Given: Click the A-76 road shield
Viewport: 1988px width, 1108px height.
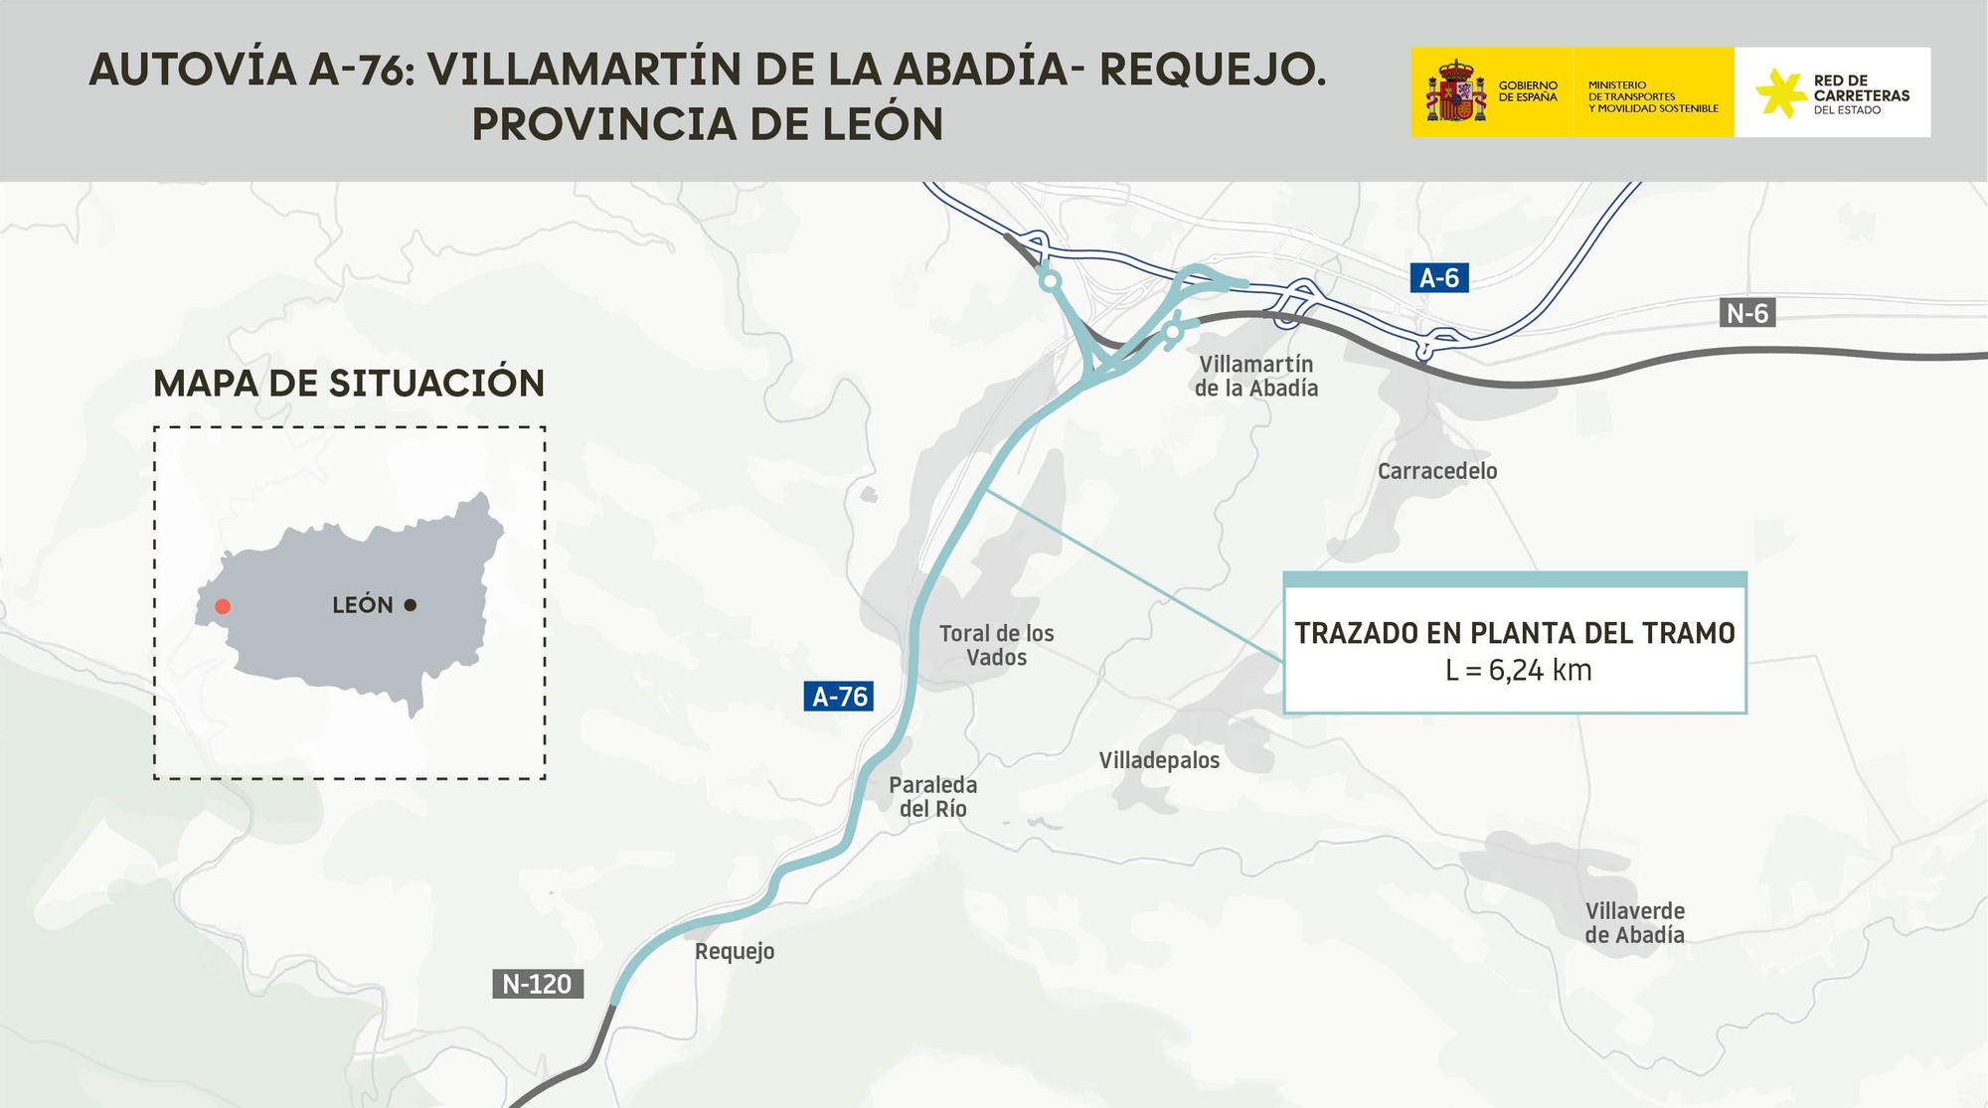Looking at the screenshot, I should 839,697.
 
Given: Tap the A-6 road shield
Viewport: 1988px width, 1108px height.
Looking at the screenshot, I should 1438,278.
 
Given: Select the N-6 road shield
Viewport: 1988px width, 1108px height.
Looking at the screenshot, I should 1746,314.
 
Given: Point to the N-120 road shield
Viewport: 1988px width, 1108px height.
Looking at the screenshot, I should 537,984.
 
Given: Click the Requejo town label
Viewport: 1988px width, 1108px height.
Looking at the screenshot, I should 734,952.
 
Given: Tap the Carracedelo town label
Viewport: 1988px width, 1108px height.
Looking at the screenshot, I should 1436,471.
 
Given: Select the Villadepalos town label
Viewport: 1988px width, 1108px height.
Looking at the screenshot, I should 1159,761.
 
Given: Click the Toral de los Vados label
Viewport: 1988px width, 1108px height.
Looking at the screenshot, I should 996,645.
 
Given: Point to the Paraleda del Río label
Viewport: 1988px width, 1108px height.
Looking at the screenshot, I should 932,797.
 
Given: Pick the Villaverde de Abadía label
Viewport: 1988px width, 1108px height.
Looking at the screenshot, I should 1634,923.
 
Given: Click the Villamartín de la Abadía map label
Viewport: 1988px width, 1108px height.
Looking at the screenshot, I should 1255,377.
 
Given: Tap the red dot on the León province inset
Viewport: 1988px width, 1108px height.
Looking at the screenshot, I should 223,606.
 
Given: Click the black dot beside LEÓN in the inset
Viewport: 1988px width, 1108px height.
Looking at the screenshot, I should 411,605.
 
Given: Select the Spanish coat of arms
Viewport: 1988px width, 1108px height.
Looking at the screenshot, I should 1455,91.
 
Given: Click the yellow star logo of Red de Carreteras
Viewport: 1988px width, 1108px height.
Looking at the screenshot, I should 1779,92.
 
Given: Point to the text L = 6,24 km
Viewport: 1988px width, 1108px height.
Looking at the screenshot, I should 1518,671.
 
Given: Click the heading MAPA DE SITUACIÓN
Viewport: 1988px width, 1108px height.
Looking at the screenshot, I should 349,384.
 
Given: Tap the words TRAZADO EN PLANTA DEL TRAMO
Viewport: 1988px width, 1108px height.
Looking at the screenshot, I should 1514,633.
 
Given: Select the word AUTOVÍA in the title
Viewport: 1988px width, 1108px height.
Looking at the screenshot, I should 193,70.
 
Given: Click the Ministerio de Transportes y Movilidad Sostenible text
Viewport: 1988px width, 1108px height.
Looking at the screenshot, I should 1652,96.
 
